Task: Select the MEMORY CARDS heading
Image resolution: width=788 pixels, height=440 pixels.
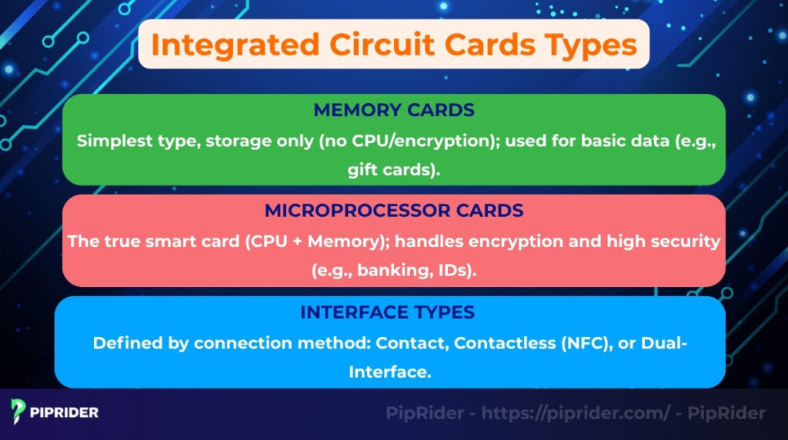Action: click(x=393, y=110)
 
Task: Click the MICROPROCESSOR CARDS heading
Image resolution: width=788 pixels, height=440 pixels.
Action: click(x=393, y=210)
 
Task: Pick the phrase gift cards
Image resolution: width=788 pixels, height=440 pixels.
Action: click(x=392, y=170)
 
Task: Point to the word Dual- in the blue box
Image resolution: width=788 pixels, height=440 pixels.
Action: click(x=665, y=342)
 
